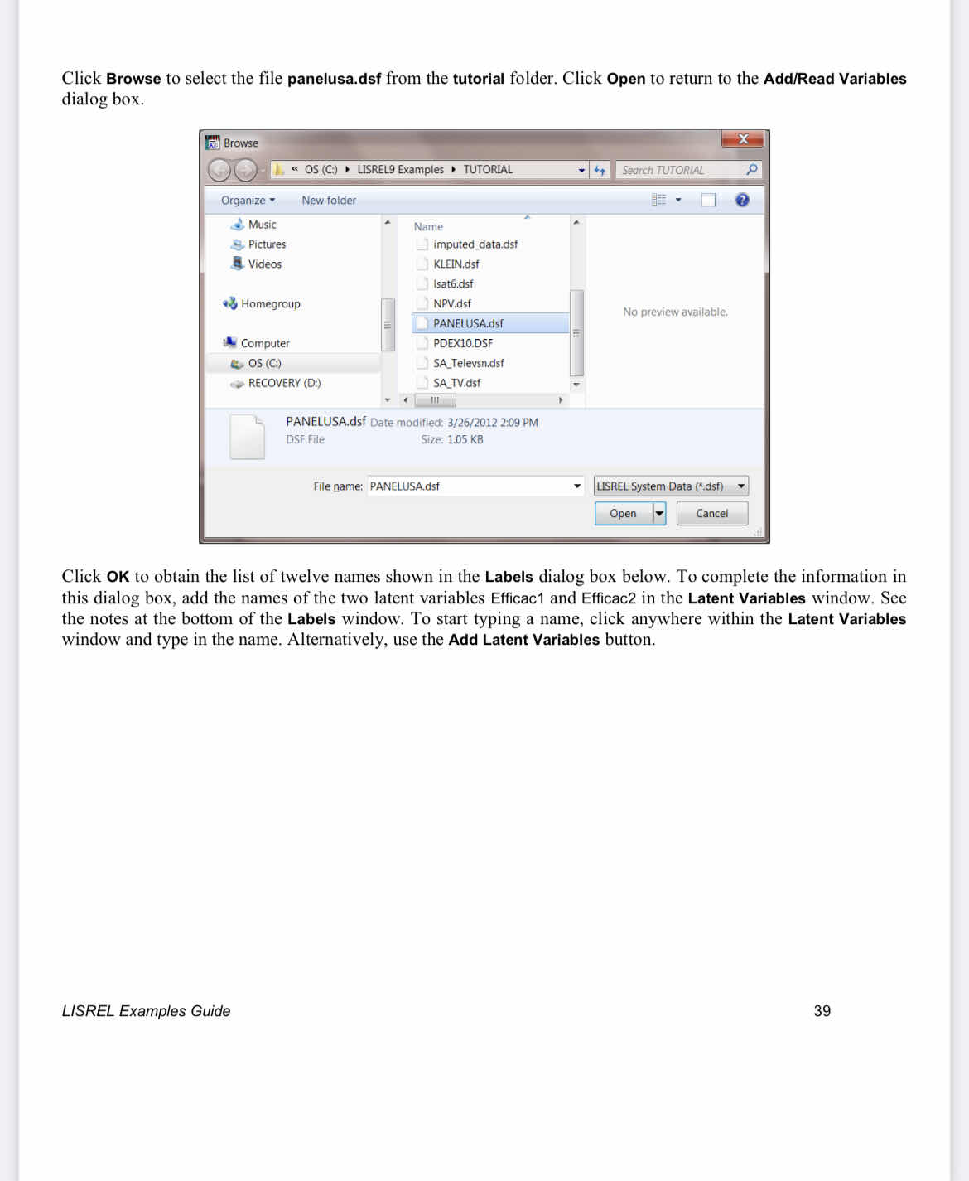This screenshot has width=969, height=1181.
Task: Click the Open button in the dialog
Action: tap(623, 514)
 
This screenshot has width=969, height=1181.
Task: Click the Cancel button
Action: tap(711, 514)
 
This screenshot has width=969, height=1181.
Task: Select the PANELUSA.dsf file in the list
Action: tap(468, 323)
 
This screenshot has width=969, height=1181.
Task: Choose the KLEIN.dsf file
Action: tap(456, 264)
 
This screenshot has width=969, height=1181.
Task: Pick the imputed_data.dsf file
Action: tap(475, 244)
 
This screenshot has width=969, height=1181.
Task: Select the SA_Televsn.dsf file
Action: tap(468, 363)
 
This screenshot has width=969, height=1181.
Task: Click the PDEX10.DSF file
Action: tap(462, 343)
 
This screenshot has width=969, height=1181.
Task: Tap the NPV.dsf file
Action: tap(451, 303)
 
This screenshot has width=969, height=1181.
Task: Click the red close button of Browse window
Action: tap(742, 139)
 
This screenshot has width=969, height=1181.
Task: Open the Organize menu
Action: tap(247, 201)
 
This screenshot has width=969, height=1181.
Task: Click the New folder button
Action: tap(329, 201)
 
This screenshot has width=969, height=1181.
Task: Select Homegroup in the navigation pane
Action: tap(270, 304)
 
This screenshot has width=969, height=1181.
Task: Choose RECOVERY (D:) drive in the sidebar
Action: tap(283, 383)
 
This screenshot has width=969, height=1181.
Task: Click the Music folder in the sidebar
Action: tap(262, 225)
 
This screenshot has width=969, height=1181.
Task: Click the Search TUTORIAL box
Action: tap(681, 170)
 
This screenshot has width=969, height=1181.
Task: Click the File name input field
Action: tap(468, 486)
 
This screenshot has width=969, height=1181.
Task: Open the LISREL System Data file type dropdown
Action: tap(671, 486)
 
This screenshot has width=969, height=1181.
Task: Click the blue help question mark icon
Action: tap(742, 200)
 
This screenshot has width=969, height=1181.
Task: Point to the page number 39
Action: tap(822, 1010)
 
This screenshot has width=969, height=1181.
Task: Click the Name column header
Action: tap(428, 226)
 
